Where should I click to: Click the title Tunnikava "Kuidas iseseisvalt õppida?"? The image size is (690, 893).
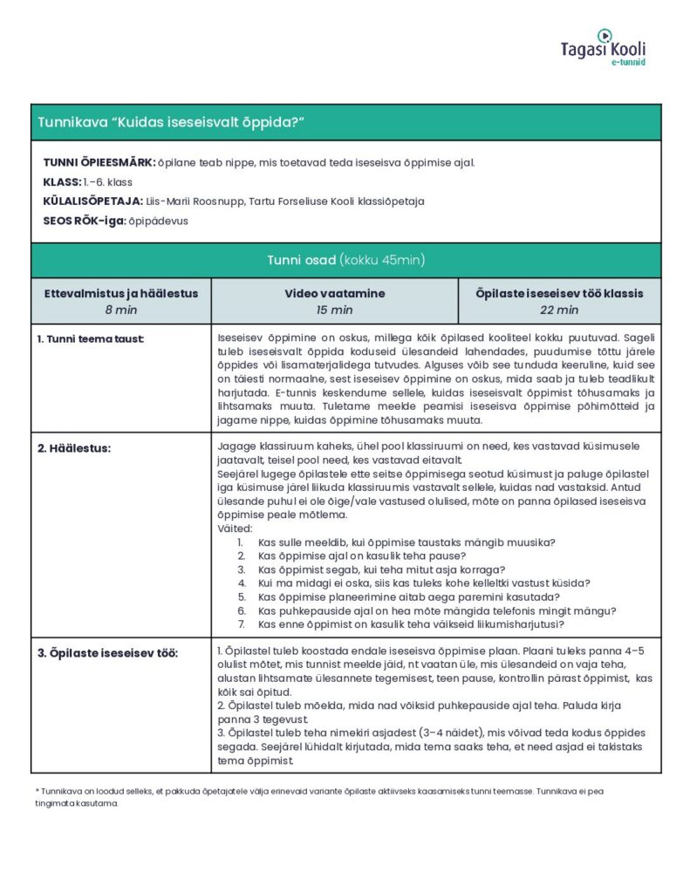point(170,122)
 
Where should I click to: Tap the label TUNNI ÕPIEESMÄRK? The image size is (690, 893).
point(99,163)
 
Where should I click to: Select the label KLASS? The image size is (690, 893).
point(61,182)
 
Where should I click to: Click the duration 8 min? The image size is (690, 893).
point(121,310)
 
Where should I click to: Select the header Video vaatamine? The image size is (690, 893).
point(334,294)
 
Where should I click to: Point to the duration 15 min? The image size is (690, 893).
point(334,310)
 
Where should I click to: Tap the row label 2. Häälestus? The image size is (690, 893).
point(75,448)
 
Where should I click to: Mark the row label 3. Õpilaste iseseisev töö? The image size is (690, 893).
point(107,653)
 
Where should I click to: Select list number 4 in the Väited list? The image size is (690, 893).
point(242,583)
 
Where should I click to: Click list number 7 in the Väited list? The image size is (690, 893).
point(242,624)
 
